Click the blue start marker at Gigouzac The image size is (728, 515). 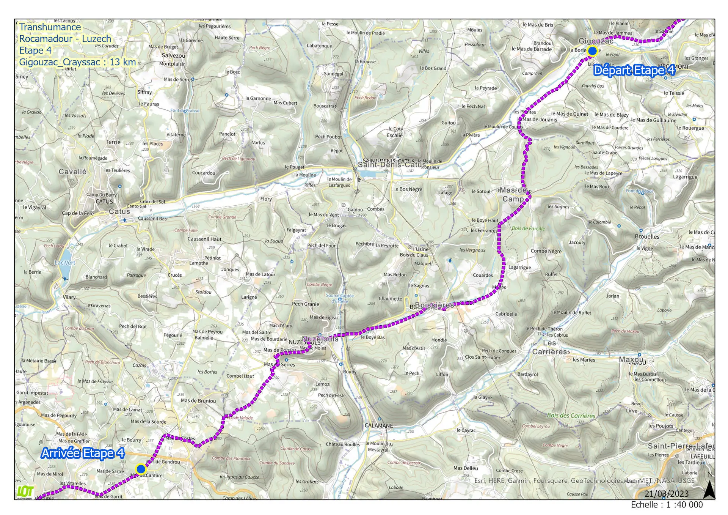coord(592,51)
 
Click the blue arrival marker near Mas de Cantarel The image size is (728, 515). coord(141,469)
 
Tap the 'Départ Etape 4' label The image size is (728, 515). coord(634,71)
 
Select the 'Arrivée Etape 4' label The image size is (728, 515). coord(83,454)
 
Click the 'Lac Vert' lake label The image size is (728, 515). coord(65,263)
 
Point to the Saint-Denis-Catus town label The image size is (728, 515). coord(392,165)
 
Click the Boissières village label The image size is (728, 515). coord(435,305)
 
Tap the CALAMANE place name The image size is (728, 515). coord(378,426)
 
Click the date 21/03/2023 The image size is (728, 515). coord(667,494)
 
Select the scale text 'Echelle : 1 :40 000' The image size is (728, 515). coord(667,505)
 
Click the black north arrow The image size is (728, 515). coord(709,490)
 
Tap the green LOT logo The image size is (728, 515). coord(25,491)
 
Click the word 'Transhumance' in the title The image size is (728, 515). coord(50,27)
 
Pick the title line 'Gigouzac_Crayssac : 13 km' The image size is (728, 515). coord(77,62)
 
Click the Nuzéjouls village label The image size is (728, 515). coord(320,339)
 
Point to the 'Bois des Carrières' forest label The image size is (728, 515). coord(571,416)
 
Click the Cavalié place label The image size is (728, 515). coord(72,172)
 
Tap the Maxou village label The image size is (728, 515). coord(631,359)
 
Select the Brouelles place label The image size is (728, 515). coord(647,237)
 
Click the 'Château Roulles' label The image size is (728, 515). coord(343,444)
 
